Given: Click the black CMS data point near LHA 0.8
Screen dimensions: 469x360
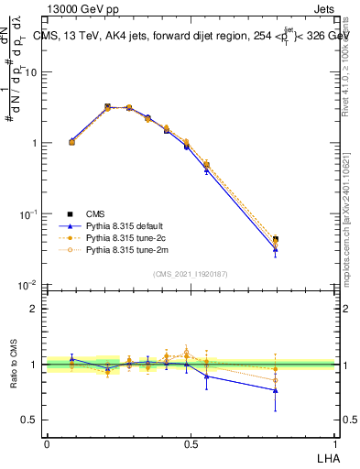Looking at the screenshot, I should point(276,239).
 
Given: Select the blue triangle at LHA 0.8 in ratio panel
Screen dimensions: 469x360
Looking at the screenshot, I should point(276,390).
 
